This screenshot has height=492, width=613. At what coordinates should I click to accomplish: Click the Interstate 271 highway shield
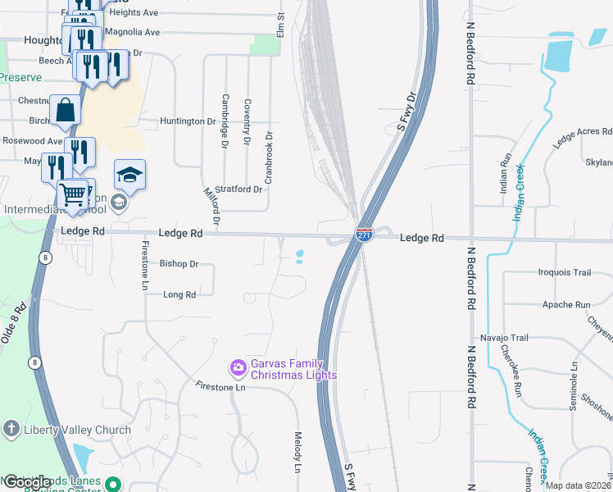point(365,235)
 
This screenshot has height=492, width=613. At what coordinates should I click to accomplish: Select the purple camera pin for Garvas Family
point(238,368)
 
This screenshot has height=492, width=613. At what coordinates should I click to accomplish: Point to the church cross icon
point(11,429)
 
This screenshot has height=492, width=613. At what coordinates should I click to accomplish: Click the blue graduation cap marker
point(129,174)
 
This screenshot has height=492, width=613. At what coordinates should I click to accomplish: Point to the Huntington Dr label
point(188,121)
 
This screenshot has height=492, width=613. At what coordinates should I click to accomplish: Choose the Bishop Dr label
point(179,264)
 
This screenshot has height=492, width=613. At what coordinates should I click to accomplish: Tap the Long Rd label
point(179,294)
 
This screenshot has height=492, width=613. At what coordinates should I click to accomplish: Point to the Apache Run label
point(566,304)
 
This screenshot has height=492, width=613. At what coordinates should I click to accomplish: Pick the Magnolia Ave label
point(134,32)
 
